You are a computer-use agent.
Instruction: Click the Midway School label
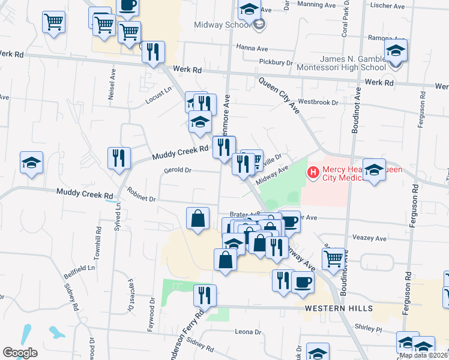[221, 25]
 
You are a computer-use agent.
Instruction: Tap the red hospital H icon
[312, 173]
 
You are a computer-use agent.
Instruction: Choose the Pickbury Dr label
[276, 62]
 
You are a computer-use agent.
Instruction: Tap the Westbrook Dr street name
[318, 103]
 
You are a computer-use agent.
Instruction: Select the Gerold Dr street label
[177, 170]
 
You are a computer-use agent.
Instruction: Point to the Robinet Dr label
[142, 194]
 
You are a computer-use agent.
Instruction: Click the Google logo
[20, 353]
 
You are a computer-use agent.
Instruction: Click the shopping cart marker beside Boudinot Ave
[334, 259]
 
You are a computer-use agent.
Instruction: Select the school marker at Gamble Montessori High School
[396, 50]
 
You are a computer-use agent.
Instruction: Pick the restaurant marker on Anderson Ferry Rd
[205, 295]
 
